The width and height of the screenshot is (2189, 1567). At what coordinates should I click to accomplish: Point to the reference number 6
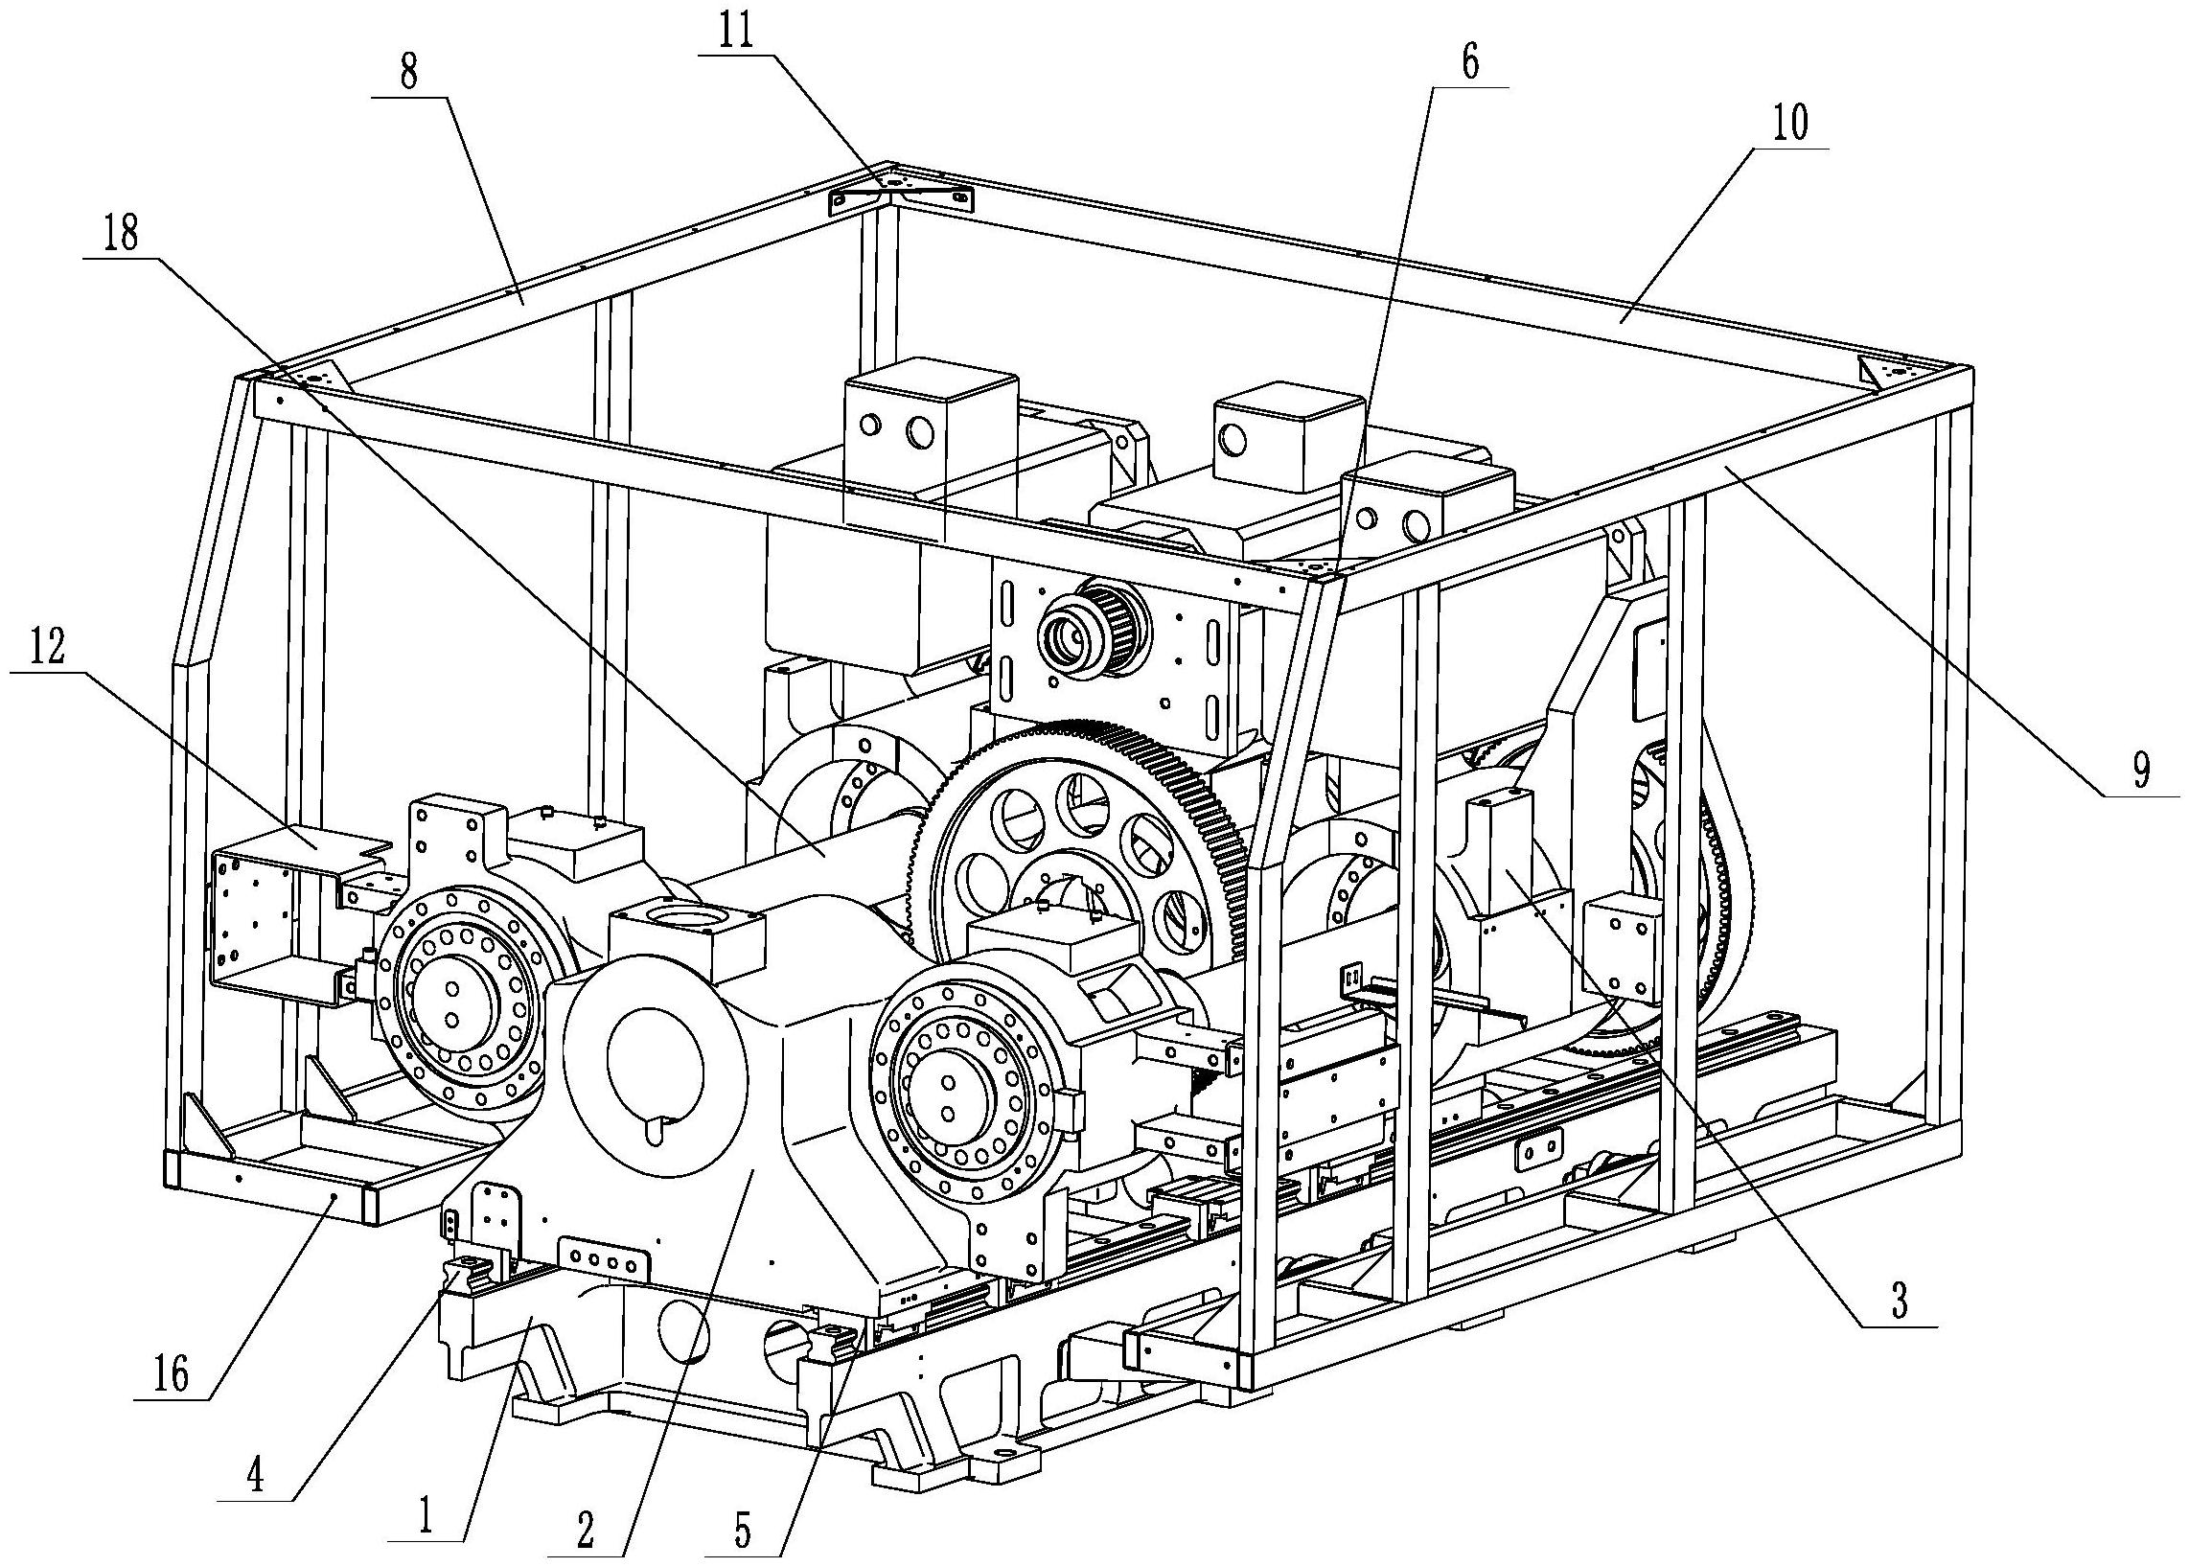pos(1469,62)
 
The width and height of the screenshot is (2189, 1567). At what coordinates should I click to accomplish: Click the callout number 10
pos(1789,126)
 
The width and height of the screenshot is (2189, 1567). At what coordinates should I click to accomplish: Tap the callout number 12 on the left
pos(48,649)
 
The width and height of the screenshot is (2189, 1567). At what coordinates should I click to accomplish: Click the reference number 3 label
pos(1899,1302)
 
